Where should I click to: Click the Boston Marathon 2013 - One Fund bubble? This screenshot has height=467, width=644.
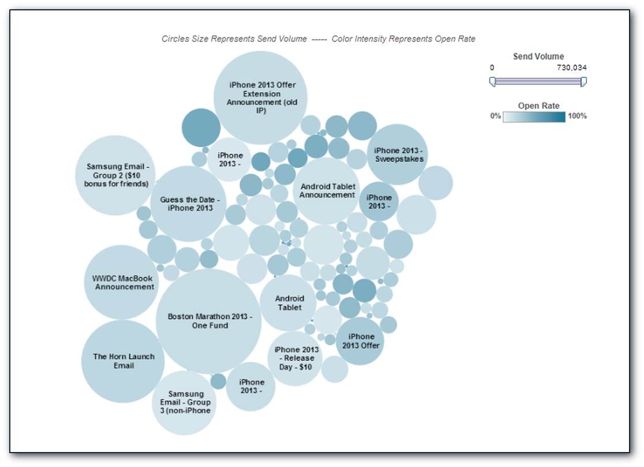coord(208,321)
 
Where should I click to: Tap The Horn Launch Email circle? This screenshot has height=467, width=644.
coord(123,361)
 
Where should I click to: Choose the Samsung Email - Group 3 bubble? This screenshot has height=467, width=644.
coord(184,403)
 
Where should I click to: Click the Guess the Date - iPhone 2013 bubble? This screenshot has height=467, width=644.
coord(188,204)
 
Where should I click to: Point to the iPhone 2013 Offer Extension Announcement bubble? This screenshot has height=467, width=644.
coord(260,97)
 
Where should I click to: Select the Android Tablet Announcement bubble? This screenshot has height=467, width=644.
coord(327,191)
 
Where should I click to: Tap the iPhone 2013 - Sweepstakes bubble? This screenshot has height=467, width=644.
coord(398,155)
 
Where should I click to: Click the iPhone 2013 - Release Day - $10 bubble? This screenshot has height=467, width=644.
coord(295,358)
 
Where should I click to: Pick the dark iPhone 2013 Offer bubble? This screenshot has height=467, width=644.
coord(360,341)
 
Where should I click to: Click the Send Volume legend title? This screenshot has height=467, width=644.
coord(538,57)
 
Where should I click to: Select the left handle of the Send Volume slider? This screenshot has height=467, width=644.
coord(492,82)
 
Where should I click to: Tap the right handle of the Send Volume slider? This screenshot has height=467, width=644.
coord(583,82)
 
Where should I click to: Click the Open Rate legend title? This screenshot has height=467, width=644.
coord(538,106)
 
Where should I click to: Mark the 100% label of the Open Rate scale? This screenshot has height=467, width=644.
coord(577,116)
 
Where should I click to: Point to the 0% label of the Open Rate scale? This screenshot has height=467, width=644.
coord(495,116)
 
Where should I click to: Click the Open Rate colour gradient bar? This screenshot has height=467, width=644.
coord(534,117)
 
